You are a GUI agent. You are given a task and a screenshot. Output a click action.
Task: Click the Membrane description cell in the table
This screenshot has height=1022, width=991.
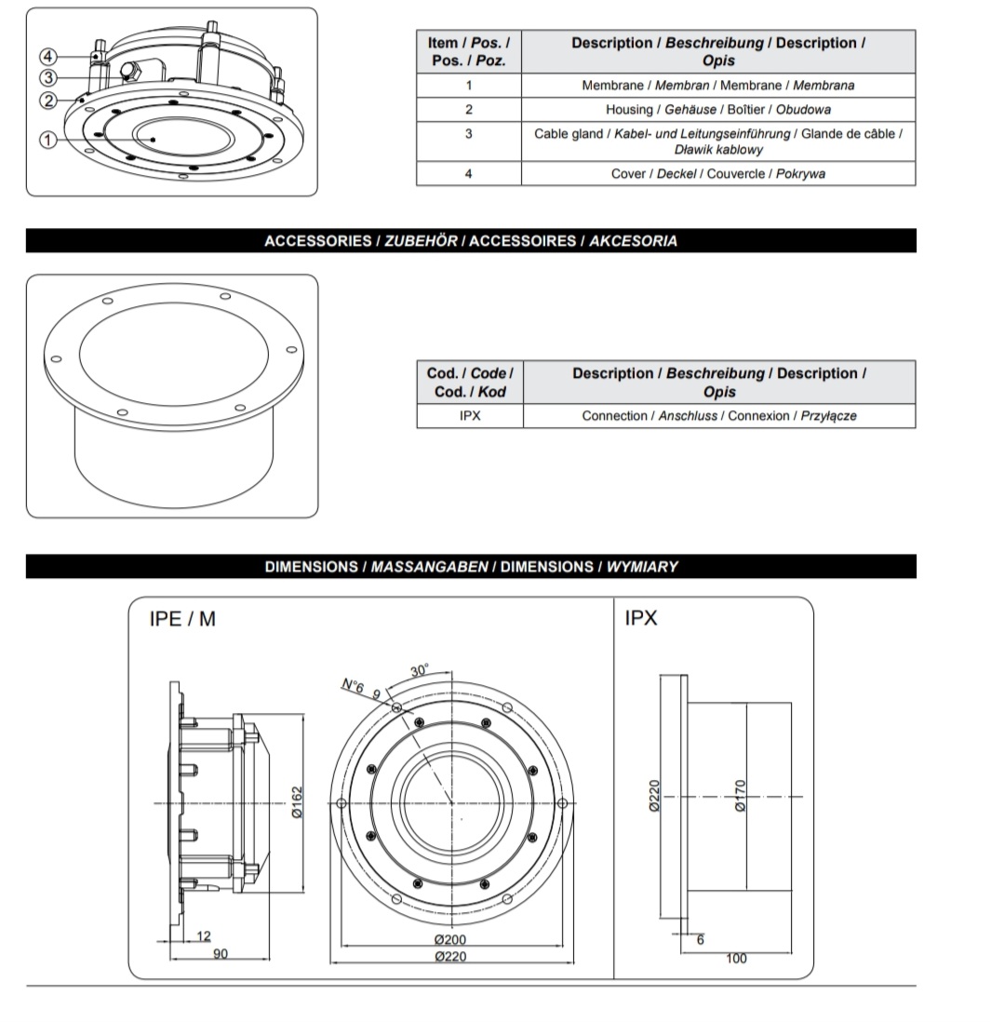tap(717, 86)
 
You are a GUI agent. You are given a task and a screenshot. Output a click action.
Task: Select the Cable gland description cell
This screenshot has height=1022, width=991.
tap(717, 141)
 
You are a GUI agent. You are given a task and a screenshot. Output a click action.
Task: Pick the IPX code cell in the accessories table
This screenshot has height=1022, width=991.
tap(470, 416)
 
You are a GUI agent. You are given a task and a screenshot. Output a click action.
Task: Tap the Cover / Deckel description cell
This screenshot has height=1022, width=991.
tap(717, 174)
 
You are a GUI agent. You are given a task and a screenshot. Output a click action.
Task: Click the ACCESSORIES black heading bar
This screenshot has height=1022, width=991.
tap(471, 241)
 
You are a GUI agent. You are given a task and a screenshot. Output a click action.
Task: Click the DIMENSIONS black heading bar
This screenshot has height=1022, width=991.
tap(471, 566)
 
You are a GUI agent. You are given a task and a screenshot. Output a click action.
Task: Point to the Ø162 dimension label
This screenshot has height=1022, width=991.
tap(297, 801)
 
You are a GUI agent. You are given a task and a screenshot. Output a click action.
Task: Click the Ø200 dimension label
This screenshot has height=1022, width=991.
tap(450, 940)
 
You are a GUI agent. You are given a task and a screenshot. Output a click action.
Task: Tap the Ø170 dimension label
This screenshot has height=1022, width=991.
tap(740, 796)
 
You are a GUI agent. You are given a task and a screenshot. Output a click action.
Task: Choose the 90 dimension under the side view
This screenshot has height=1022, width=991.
tap(221, 954)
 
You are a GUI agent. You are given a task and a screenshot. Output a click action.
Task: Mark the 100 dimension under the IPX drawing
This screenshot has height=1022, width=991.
tap(736, 959)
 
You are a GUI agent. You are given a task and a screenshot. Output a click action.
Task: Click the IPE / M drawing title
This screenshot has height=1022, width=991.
tap(182, 618)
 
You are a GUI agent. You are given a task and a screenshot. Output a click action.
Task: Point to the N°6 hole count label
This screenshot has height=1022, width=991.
tap(352, 686)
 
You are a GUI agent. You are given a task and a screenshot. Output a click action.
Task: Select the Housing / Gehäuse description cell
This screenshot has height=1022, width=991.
tap(717, 110)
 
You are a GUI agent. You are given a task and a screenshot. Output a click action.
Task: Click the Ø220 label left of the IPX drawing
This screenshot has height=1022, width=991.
tap(653, 796)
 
